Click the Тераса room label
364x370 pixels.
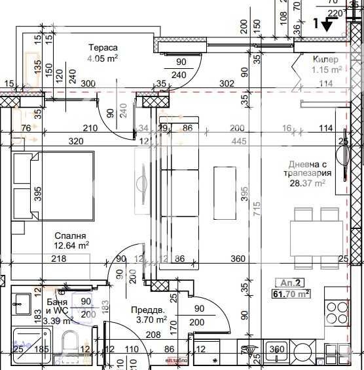pyautogui.click(x=104, y=47)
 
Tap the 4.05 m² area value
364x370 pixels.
pyautogui.click(x=103, y=58)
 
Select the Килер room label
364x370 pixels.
pyautogui.click(x=326, y=60)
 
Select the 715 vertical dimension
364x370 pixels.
pyautogui.click(x=258, y=209)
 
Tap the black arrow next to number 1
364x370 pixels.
pyautogui.click(x=329, y=26)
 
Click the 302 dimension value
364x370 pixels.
pyautogui.click(x=226, y=83)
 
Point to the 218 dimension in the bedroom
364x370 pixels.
pyautogui.click(x=58, y=259)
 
